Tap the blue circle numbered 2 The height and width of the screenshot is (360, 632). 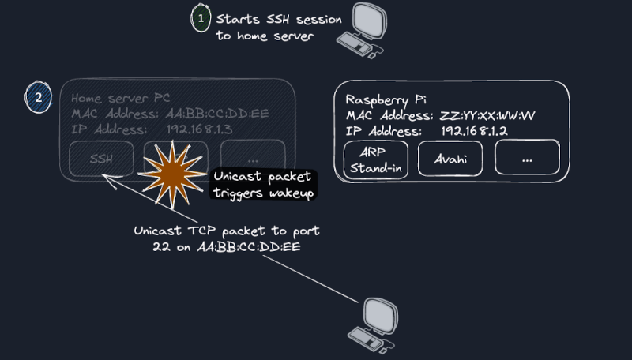(x=37, y=99)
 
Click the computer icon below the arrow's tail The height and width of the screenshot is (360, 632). (x=374, y=323)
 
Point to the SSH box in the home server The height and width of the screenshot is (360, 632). (x=100, y=159)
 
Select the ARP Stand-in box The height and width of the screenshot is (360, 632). (x=377, y=159)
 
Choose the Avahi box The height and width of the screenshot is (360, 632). (x=450, y=159)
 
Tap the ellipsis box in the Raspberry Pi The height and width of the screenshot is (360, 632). (x=527, y=159)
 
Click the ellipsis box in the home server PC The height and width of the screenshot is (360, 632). (x=253, y=159)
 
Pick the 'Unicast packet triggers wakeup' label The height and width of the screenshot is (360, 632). (x=263, y=186)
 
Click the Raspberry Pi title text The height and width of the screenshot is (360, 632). (x=384, y=99)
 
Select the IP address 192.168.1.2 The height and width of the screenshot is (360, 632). (x=473, y=129)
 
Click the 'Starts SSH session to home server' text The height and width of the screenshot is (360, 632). (x=264, y=26)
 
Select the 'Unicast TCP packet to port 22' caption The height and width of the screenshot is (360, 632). (x=228, y=239)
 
